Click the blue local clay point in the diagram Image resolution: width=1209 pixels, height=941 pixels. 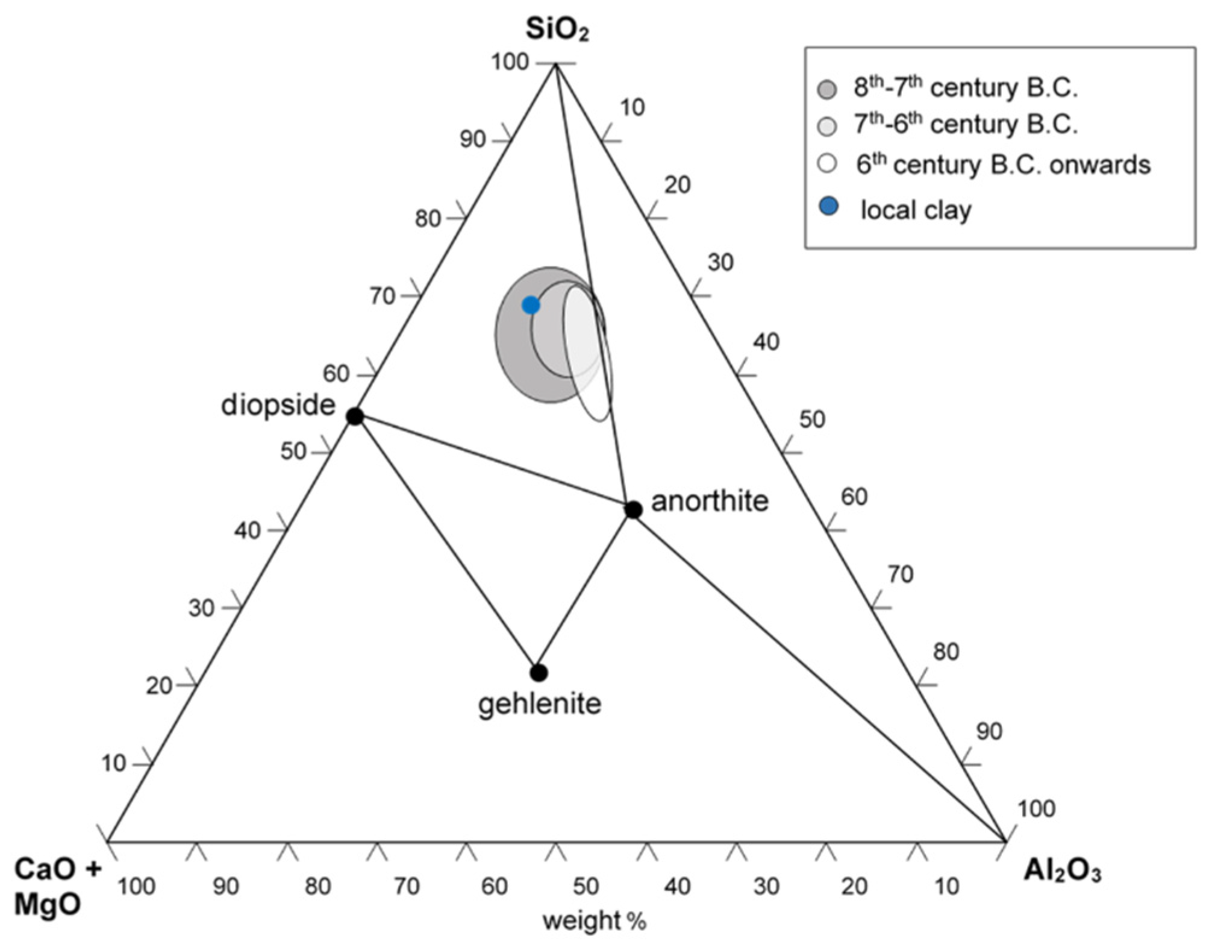(531, 305)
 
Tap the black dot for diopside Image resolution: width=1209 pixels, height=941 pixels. (355, 416)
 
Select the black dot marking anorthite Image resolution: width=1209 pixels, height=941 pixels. (633, 509)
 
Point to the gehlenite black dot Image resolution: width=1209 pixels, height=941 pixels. (539, 672)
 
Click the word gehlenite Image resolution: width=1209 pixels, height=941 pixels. (540, 703)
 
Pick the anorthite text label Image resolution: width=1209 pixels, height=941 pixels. (710, 501)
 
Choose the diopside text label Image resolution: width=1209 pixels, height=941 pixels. (278, 404)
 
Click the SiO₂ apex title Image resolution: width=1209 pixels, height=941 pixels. (557, 29)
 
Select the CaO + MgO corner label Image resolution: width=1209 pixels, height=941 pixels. (57, 887)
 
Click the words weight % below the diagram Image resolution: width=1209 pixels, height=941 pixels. (594, 921)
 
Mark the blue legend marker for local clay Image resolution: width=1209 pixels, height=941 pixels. (829, 207)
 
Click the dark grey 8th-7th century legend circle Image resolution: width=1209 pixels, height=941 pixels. (828, 90)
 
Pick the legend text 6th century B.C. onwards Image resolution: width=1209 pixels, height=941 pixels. (1002, 165)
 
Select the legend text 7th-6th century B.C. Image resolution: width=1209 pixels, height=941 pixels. (965, 124)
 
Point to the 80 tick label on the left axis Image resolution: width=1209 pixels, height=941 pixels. (428, 218)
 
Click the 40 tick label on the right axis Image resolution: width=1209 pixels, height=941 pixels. (766, 342)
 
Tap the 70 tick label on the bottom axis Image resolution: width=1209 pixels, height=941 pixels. (407, 886)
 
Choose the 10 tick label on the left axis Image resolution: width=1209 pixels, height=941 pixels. (113, 763)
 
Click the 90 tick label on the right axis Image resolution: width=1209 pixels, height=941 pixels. (989, 731)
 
